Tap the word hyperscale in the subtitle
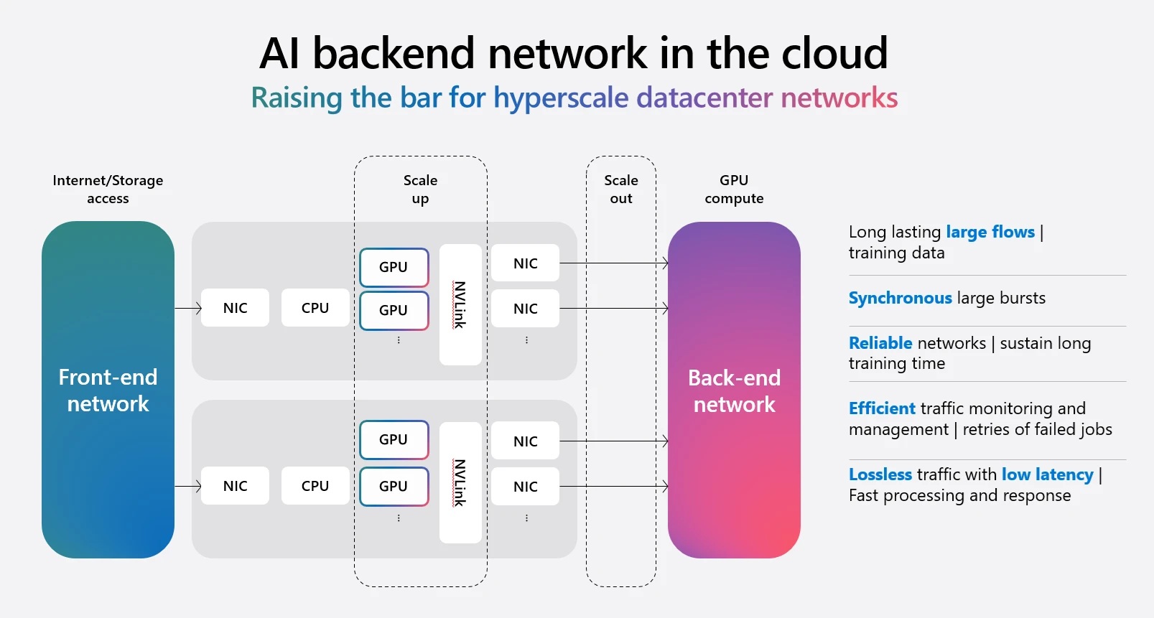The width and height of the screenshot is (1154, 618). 561,98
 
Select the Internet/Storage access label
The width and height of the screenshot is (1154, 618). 108,189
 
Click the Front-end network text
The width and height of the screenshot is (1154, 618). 108,390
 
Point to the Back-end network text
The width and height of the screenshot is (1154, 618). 734,391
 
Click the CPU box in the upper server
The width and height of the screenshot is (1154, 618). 315,308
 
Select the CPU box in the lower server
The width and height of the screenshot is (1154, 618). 315,486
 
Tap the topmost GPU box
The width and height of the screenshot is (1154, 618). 394,267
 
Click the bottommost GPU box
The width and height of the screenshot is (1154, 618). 394,486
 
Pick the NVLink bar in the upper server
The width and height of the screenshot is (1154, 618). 460,305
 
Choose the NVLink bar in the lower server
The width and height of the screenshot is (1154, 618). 460,482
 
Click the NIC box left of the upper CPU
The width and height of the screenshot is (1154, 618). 235,308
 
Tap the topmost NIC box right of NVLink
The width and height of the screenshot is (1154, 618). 525,263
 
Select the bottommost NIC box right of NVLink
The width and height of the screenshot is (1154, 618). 525,487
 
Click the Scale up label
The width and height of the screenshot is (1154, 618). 420,189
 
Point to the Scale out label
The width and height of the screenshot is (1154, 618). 621,189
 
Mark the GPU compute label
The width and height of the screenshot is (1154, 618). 734,189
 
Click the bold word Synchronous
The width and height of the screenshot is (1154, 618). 900,298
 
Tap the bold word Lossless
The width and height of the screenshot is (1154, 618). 880,474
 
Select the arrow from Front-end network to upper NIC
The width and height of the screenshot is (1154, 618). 188,308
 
